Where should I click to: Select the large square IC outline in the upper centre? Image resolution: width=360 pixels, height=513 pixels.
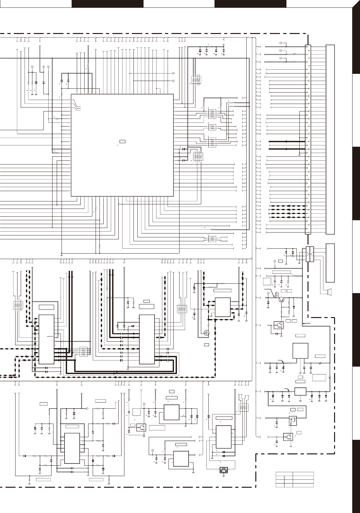tap(122, 145)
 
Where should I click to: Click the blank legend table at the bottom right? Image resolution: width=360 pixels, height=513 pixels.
tap(295, 480)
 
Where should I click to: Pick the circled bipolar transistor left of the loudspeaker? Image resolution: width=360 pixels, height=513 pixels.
tap(281, 300)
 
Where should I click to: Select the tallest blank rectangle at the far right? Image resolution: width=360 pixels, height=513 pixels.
tap(330, 140)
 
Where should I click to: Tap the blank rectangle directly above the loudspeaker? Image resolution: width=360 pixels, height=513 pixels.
tap(330, 263)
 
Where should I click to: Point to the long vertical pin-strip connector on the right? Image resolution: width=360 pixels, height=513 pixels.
tap(308, 140)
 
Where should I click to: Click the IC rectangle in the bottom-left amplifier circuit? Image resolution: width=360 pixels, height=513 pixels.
tap(72, 448)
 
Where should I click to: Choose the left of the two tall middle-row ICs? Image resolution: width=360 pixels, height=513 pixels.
tap(47, 339)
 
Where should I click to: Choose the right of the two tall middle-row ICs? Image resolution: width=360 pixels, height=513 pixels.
tap(147, 339)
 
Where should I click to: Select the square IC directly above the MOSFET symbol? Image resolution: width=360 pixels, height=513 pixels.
tap(223, 307)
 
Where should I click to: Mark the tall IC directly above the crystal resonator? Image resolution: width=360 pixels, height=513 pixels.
tap(224, 437)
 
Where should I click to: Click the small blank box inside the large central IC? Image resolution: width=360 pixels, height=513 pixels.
tap(122, 142)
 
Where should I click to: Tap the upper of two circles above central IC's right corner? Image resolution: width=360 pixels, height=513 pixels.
tap(173, 73)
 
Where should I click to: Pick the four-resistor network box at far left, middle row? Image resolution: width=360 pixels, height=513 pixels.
tap(17, 305)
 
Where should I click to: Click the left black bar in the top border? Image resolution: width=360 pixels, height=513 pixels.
tap(107, 4)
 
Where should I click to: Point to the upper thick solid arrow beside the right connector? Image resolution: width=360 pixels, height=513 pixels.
tap(286, 141)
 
